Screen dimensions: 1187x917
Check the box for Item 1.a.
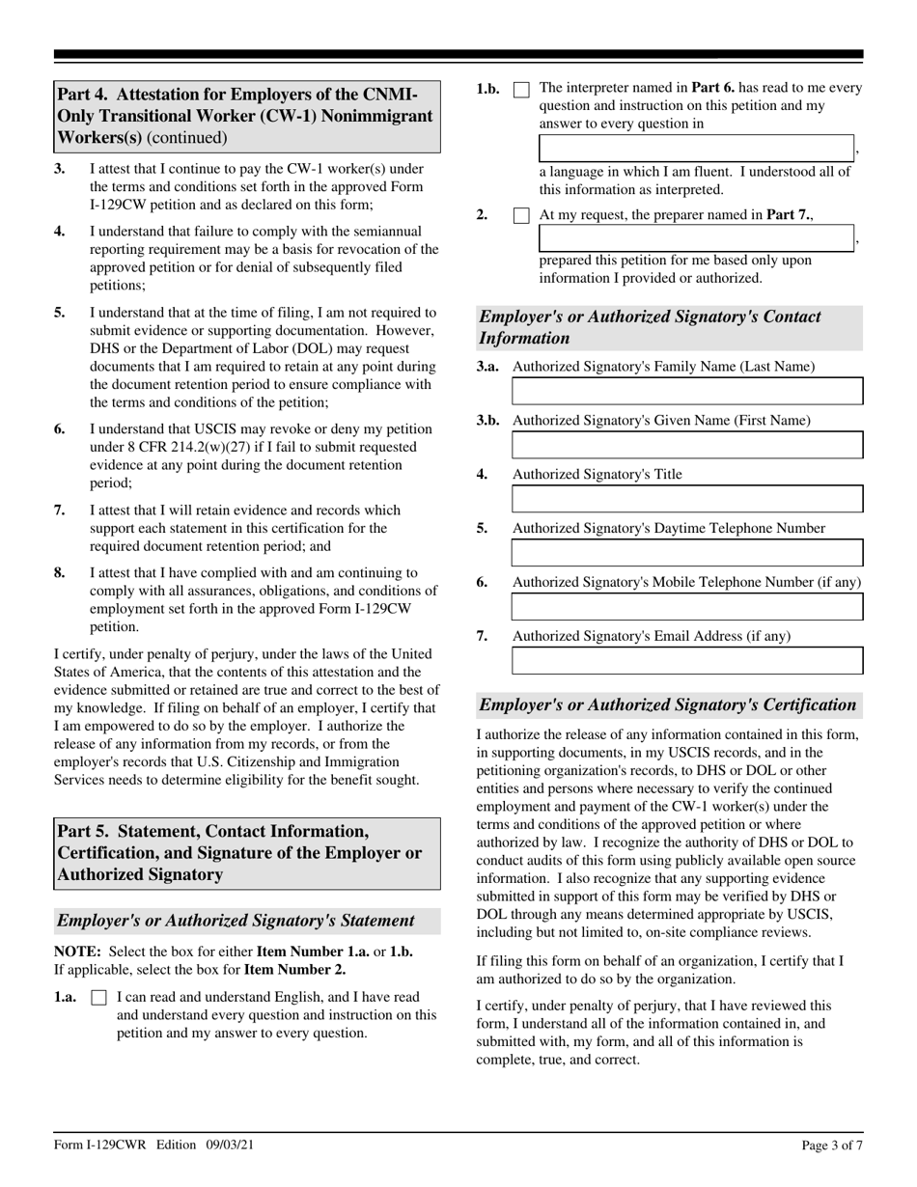[x=98, y=999]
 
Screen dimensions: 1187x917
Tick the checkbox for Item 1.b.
[x=521, y=90]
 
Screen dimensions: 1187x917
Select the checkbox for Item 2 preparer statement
[x=521, y=216]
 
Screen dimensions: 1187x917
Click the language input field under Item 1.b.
[x=695, y=149]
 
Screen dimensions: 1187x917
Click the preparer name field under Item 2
[x=695, y=238]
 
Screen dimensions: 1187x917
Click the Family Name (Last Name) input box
[x=686, y=391]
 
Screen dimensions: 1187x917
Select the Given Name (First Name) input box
[x=686, y=445]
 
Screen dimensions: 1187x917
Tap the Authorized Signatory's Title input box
[x=686, y=499]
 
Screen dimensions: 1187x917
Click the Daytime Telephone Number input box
[x=686, y=553]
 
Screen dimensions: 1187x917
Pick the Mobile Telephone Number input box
[x=686, y=607]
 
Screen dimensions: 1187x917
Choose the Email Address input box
[x=686, y=661]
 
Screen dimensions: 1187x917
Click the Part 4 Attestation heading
[x=246, y=117]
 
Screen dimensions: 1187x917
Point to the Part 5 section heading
[x=246, y=853]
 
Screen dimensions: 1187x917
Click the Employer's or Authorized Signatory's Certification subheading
[x=667, y=704]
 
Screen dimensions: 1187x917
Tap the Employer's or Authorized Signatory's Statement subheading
[x=236, y=921]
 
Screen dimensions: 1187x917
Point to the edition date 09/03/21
[x=230, y=1146]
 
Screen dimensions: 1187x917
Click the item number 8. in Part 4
[x=60, y=572]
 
